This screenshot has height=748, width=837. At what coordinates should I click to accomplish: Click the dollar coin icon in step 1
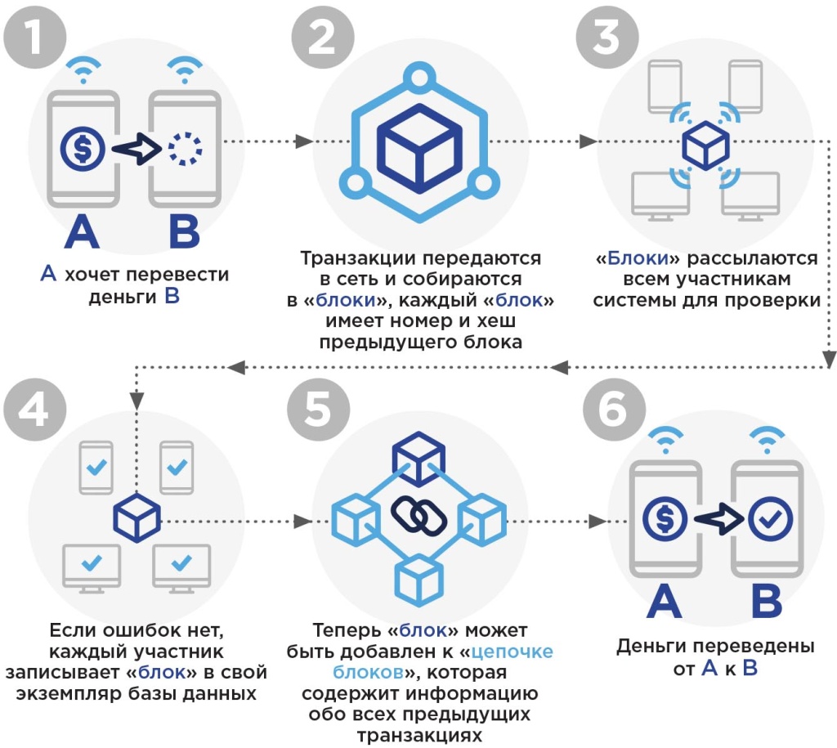(x=83, y=148)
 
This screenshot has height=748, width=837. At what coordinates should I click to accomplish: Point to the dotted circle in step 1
(x=184, y=148)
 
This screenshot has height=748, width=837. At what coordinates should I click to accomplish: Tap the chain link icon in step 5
(x=417, y=513)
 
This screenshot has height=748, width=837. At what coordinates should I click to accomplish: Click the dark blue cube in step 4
(x=136, y=518)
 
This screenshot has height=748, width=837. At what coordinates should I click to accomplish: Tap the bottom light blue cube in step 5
(x=418, y=578)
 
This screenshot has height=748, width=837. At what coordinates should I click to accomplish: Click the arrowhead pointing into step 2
(x=302, y=141)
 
